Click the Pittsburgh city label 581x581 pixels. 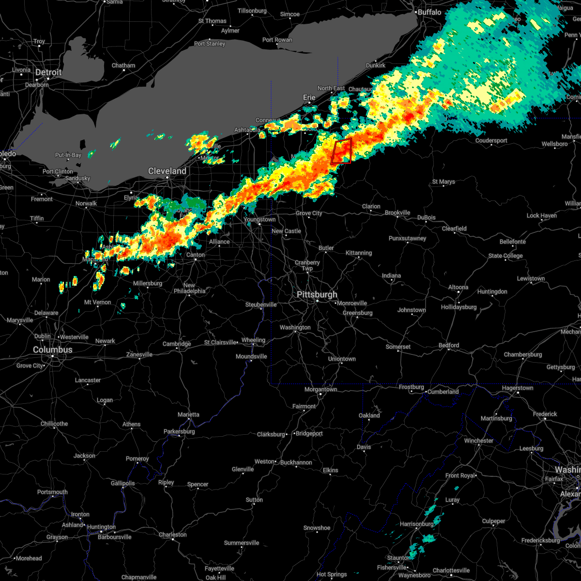coord(317,294)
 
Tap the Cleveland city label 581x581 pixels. coord(167,171)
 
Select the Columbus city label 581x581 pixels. coord(52,350)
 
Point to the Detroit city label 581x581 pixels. coord(48,72)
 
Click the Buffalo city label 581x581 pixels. coord(429,12)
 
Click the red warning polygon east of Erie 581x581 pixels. coord(342,151)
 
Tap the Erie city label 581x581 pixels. coord(309,97)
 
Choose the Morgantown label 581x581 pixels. coord(321,389)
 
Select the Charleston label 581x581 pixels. coord(173,535)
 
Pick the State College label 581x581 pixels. coord(505,256)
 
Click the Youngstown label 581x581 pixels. coord(260,219)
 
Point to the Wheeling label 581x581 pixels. coord(253,340)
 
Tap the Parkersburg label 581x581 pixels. coord(179,431)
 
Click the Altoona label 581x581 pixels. coord(458,287)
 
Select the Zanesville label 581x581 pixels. coord(139,354)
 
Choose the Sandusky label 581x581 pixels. coord(77,178)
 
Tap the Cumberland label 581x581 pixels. coord(443,392)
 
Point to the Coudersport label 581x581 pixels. coord(491,140)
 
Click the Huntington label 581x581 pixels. coord(102,527)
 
